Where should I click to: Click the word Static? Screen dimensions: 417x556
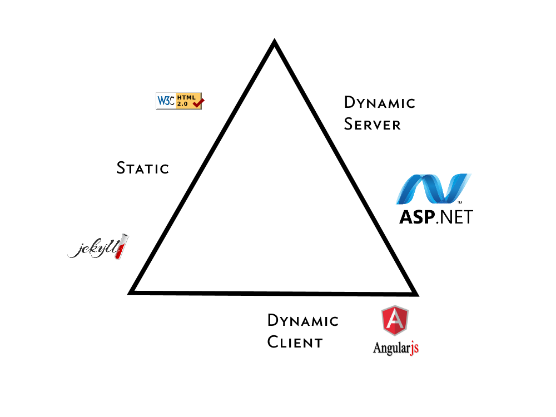[x=142, y=167]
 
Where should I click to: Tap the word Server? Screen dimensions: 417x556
[x=372, y=124]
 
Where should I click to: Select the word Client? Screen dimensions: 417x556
[x=295, y=342]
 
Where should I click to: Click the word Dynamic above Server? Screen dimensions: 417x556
[x=380, y=102]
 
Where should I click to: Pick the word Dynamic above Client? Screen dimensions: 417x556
[x=303, y=320]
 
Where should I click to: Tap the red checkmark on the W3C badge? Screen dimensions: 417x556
[x=198, y=102]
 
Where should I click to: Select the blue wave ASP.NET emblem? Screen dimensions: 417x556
[x=434, y=189]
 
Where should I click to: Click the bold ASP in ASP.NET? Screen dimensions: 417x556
[x=416, y=216]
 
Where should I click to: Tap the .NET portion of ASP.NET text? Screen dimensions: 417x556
[x=454, y=216]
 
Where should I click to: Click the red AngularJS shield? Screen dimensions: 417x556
[x=395, y=321]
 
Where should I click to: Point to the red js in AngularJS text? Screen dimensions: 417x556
[x=414, y=348]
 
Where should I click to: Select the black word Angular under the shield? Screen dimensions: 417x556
[x=391, y=348]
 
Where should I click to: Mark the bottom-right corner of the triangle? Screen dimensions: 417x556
[x=415, y=292]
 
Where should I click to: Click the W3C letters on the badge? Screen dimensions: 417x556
[x=166, y=101]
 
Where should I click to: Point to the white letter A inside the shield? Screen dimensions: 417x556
[x=395, y=321]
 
